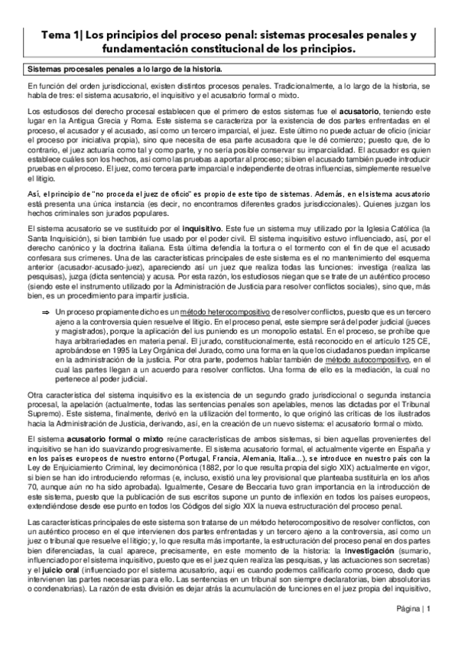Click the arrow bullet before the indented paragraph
(x=45, y=313)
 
